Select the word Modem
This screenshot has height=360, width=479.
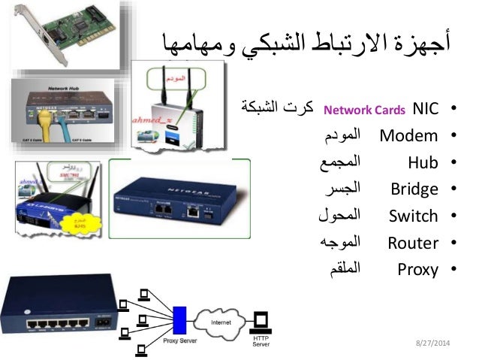coord(408,136)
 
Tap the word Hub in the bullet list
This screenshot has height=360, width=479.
coord(423,162)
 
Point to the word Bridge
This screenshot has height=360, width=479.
coord(414,189)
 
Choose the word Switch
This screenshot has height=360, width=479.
coord(413,216)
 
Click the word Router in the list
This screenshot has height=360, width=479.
coord(412,243)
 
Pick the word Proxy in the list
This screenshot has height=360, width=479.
coord(417,270)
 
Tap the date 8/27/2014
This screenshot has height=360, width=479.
coord(434,342)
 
